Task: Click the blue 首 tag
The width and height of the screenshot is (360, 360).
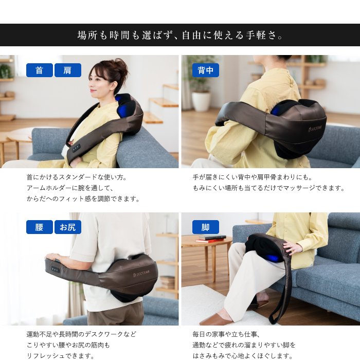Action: click(40, 70)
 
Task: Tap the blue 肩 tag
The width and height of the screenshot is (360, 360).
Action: click(68, 70)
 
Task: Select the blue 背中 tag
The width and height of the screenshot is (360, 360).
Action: click(206, 70)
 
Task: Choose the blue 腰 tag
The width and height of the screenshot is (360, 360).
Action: click(40, 227)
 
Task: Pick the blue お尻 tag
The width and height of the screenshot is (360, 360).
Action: click(68, 227)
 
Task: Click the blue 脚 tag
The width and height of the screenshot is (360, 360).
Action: click(206, 227)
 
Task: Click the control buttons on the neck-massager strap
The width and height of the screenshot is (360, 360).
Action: click(77, 148)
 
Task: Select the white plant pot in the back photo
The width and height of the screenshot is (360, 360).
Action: click(201, 101)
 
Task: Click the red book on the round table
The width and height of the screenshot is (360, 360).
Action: click(210, 240)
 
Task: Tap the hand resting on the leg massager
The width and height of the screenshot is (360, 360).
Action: click(291, 248)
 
